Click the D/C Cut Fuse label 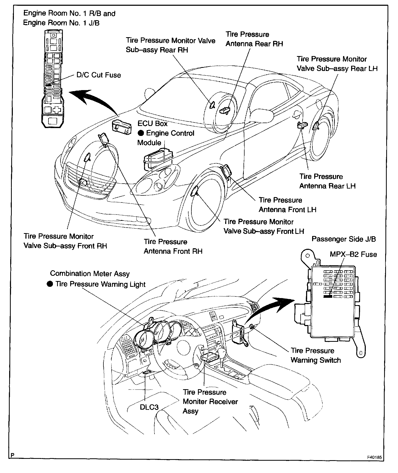pyautogui.click(x=98, y=75)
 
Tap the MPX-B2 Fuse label pyautogui.click(x=353, y=254)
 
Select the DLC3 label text pyautogui.click(x=149, y=407)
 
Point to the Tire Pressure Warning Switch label pyautogui.click(x=316, y=355)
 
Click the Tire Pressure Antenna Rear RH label pyautogui.click(x=254, y=39)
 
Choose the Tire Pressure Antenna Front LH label pyautogui.click(x=287, y=205)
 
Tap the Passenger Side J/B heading pyautogui.click(x=344, y=239)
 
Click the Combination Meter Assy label pyautogui.click(x=90, y=274)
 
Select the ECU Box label pyautogui.click(x=152, y=123)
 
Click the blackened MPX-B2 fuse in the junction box pyautogui.click(x=328, y=296)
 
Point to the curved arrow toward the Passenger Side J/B pyautogui.click(x=270, y=308)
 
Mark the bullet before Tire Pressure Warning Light pyautogui.click(x=50, y=284)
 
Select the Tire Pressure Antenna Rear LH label pyautogui.click(x=327, y=181)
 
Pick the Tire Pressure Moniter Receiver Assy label pyautogui.click(x=210, y=401)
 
